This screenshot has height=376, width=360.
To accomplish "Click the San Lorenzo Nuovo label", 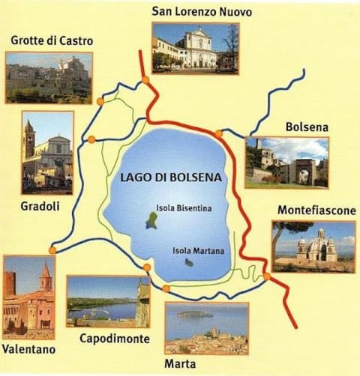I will pos(202,12).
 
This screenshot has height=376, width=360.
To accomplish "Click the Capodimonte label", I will pos(114,339).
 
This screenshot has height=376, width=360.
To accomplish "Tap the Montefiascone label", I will pos(316,210).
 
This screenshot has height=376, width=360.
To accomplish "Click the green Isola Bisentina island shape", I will pos(152,220).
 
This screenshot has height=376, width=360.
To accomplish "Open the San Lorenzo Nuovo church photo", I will pos(195,47).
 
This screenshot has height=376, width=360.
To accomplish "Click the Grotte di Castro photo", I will pos(49,77).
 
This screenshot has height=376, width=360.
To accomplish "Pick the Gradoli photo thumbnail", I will pos(48,153).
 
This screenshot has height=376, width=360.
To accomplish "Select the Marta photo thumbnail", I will pos(206,328).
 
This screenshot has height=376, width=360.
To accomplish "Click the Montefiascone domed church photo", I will pos(313,246).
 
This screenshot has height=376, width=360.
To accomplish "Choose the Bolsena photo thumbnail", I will pos(287,162).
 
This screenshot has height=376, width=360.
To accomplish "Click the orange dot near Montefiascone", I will pos(267,276).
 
